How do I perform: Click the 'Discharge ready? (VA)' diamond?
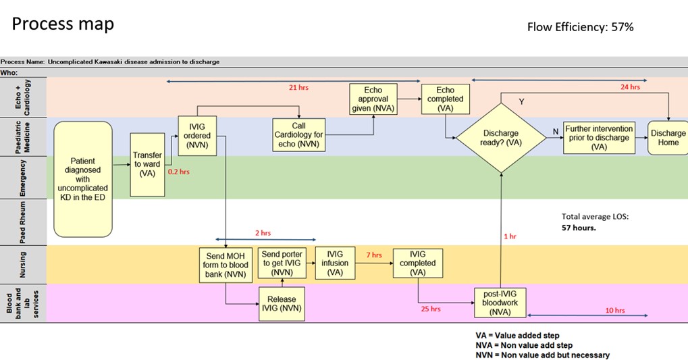(x=501, y=138)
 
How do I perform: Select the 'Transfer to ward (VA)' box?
(x=147, y=164)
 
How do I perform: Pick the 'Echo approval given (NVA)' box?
(x=373, y=99)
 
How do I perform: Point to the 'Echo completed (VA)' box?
(x=446, y=99)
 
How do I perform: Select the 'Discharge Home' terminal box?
(x=668, y=138)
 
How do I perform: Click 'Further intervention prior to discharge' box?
(x=599, y=138)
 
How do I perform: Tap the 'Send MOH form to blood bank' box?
(x=226, y=265)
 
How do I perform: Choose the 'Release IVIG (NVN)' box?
(x=282, y=304)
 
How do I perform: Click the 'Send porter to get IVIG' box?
(x=282, y=263)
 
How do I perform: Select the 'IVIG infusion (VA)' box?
(x=335, y=263)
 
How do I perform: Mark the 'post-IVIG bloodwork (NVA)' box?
(x=500, y=303)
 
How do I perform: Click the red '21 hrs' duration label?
(x=298, y=88)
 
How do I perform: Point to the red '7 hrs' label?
(x=373, y=255)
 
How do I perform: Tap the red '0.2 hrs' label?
(x=178, y=172)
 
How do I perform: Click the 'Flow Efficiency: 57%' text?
(x=580, y=27)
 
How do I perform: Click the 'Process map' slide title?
(x=63, y=24)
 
